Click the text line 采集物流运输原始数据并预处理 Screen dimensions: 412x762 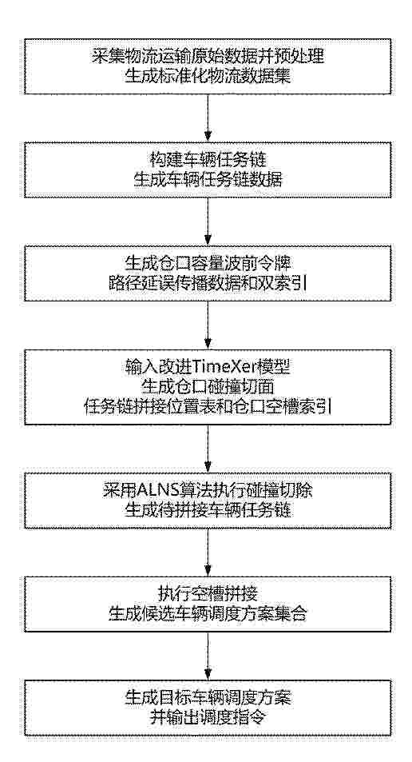(208, 58)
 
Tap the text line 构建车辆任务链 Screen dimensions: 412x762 (208, 161)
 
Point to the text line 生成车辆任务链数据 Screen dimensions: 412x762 (208, 180)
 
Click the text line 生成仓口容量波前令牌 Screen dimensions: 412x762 (208, 265)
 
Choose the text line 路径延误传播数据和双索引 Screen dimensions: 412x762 (208, 283)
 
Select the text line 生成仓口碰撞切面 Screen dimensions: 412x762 (208, 387)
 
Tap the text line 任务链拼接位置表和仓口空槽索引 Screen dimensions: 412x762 (208, 405)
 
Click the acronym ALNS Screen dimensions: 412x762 (153, 490)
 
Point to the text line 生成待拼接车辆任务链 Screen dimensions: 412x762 (208, 510)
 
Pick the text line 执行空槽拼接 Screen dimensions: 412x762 (208, 594)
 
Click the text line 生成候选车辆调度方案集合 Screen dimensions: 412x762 (208, 612)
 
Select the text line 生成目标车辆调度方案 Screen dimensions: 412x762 (208, 697)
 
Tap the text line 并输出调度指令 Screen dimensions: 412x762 (208, 716)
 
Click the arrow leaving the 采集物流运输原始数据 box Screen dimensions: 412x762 (208, 118)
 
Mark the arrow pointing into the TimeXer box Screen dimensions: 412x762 (208, 325)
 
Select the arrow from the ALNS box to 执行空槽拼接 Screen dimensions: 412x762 (208, 552)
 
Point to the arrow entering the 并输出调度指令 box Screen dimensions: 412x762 (208, 656)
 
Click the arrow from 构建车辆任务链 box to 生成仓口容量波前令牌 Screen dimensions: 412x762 (208, 221)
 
